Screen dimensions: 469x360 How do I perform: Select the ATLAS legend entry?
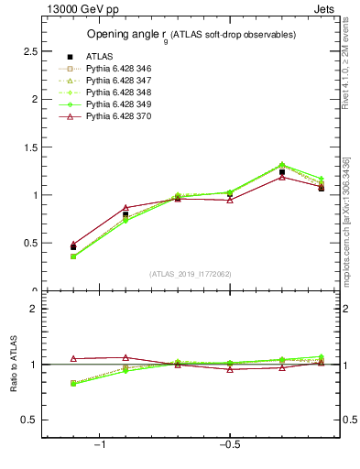[x=102, y=57]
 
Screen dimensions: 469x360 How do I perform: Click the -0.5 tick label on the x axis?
[x=228, y=446]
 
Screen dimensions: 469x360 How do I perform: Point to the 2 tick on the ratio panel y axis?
[x=33, y=310]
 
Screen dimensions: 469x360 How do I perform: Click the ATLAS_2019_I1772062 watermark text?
[x=191, y=274]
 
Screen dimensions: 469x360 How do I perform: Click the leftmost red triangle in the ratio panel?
[x=73, y=359]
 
